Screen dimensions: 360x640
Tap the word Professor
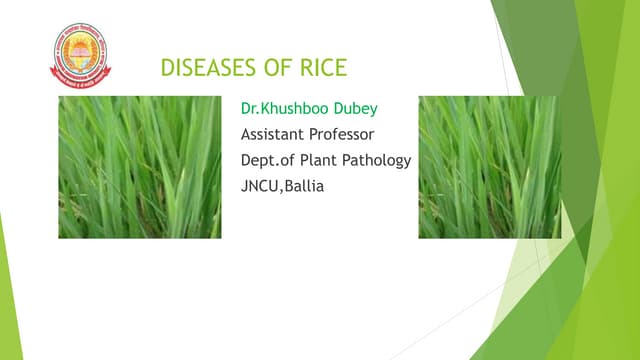[x=342, y=134]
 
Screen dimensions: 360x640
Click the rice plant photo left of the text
[x=140, y=167]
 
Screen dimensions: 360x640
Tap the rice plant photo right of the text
[x=489, y=167]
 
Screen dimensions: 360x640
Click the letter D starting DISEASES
[x=167, y=70]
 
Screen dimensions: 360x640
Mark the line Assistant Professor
[x=307, y=134]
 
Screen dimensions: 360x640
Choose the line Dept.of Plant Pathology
[x=325, y=161]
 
